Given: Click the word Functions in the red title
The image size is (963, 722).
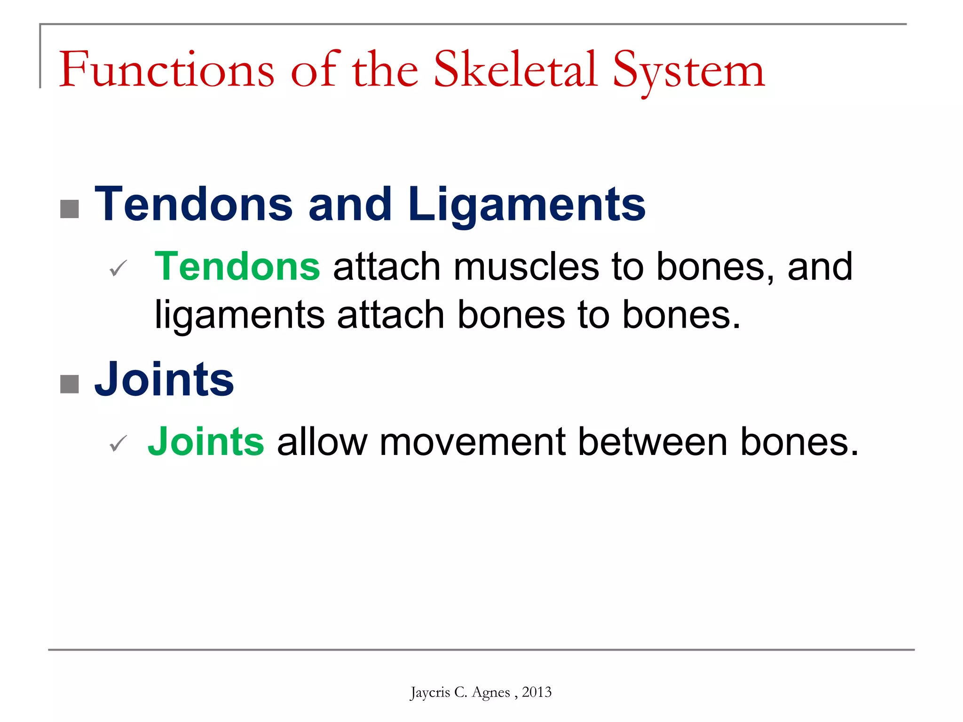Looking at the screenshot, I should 166,71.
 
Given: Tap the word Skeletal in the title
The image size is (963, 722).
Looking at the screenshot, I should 515,71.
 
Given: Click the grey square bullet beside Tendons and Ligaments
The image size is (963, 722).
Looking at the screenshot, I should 70,209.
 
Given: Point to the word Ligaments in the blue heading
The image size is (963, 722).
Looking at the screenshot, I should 527,204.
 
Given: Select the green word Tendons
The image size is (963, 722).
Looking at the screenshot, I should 237,267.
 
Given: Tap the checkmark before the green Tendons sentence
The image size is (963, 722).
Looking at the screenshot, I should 118,268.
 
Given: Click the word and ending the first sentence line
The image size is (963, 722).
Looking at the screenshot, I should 820,267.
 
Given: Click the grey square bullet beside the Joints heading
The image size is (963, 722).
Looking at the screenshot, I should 70,384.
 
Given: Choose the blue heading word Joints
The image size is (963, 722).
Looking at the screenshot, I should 164,379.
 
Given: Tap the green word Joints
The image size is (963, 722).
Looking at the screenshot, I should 206,441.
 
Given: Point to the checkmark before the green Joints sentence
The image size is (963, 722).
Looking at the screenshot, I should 118,443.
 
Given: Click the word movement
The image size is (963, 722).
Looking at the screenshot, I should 472,442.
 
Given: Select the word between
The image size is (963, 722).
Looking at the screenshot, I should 653,442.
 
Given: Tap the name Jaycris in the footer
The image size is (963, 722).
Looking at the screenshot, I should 429,692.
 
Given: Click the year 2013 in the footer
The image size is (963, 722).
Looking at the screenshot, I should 537,692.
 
